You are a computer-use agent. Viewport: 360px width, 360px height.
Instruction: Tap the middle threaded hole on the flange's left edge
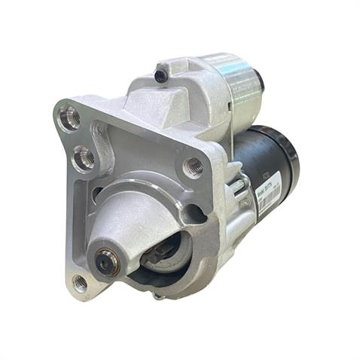(x=85, y=159)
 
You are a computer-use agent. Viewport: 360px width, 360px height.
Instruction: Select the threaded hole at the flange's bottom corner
(x=81, y=282)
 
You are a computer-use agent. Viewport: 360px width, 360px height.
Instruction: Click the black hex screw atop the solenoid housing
(x=160, y=75)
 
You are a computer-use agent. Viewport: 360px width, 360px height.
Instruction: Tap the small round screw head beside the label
(x=246, y=201)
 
